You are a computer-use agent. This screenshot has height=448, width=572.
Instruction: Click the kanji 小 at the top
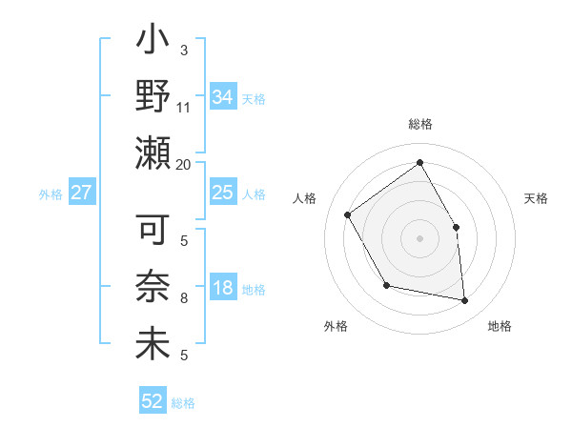[x=153, y=44]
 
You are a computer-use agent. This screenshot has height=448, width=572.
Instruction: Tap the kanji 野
[x=153, y=98]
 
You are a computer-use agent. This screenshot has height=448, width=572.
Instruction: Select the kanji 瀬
[x=153, y=153]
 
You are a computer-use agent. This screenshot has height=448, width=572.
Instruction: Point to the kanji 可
[x=153, y=231]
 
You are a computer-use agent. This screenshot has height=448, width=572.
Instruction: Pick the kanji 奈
[x=153, y=287]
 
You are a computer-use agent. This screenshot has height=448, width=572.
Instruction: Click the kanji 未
[x=153, y=342]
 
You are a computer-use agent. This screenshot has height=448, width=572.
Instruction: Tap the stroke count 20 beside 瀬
[x=184, y=164]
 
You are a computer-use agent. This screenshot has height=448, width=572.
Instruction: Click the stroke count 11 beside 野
[x=184, y=108]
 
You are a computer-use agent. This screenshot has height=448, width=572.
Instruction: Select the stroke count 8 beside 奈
[x=184, y=298]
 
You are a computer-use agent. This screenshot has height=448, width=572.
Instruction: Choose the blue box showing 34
[x=222, y=96]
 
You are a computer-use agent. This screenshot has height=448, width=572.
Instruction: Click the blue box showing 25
[x=222, y=193]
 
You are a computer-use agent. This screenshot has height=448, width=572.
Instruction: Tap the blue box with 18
[x=222, y=289]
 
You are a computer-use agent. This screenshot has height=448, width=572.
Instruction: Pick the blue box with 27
[x=82, y=193]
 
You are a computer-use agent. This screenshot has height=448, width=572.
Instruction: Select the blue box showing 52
[x=153, y=401]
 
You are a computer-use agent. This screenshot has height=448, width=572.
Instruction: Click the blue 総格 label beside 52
[x=183, y=403]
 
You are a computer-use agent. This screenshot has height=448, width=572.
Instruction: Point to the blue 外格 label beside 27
[x=51, y=194]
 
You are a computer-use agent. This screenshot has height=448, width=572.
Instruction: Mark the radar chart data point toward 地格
[x=464, y=300]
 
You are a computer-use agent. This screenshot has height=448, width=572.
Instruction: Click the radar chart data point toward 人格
[x=348, y=214]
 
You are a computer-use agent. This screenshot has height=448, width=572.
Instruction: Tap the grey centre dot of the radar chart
[x=419, y=237]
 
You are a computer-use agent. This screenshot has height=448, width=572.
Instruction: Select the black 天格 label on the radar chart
[x=536, y=198]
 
